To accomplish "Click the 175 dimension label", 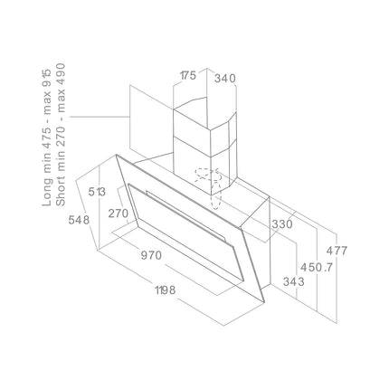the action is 188,75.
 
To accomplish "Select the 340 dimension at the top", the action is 225,79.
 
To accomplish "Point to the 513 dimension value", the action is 97,192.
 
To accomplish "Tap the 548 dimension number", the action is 79,220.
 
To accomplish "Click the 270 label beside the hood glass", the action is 119,213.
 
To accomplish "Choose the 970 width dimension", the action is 151,256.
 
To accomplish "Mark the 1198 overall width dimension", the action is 165,290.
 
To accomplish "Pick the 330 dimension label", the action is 282,224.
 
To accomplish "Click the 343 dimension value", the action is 294,281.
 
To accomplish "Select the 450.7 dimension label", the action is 317,267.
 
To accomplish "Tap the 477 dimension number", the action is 337,251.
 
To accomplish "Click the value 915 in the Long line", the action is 48,74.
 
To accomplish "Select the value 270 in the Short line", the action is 61,136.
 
